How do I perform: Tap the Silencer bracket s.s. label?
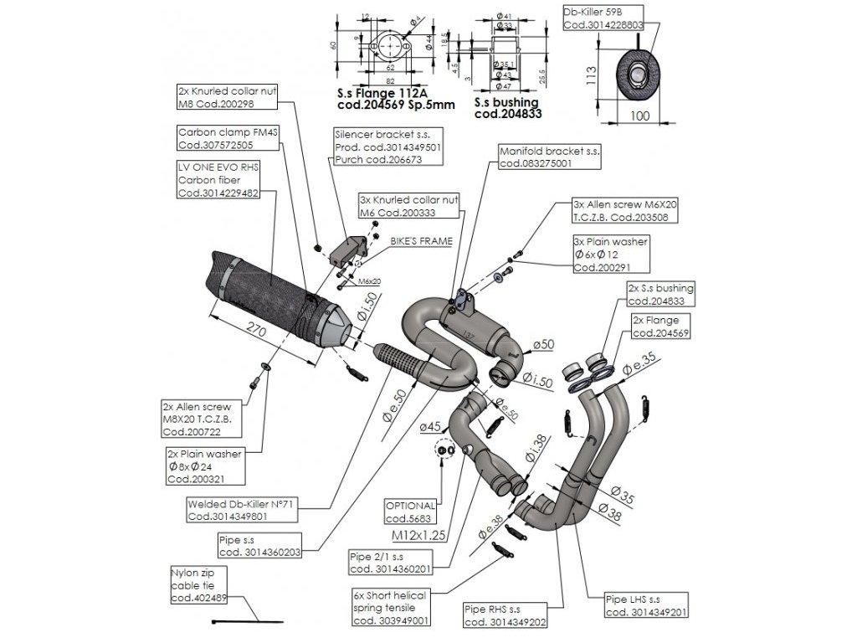[x=387, y=147]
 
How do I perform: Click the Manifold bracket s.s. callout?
[x=549, y=158]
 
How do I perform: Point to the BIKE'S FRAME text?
[x=421, y=240]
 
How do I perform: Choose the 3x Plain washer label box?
[x=610, y=255]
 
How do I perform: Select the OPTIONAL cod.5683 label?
[x=411, y=512]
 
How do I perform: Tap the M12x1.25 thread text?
[x=416, y=532]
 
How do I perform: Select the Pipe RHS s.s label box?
[x=505, y=615]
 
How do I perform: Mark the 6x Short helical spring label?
[x=390, y=607]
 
